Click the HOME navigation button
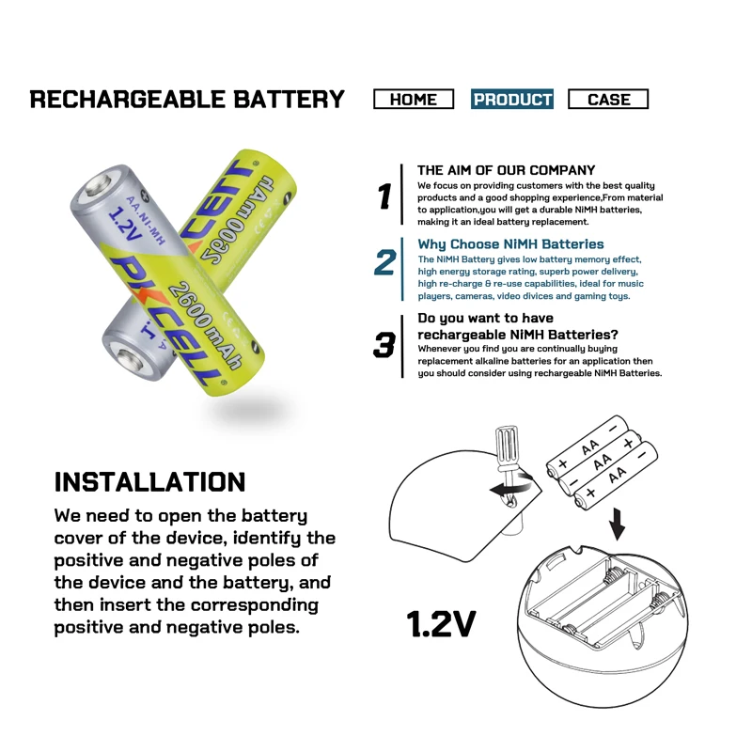pos(414,100)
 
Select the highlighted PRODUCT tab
pos(512,100)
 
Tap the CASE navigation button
pos(608,100)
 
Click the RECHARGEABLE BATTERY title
pos(187,100)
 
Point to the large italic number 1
pos(384,196)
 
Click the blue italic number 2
pos(384,262)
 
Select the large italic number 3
pos(384,345)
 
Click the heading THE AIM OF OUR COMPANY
pos(506,170)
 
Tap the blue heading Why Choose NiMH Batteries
pos(510,244)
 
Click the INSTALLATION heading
pos(149,482)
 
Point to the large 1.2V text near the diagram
pos(441,623)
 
